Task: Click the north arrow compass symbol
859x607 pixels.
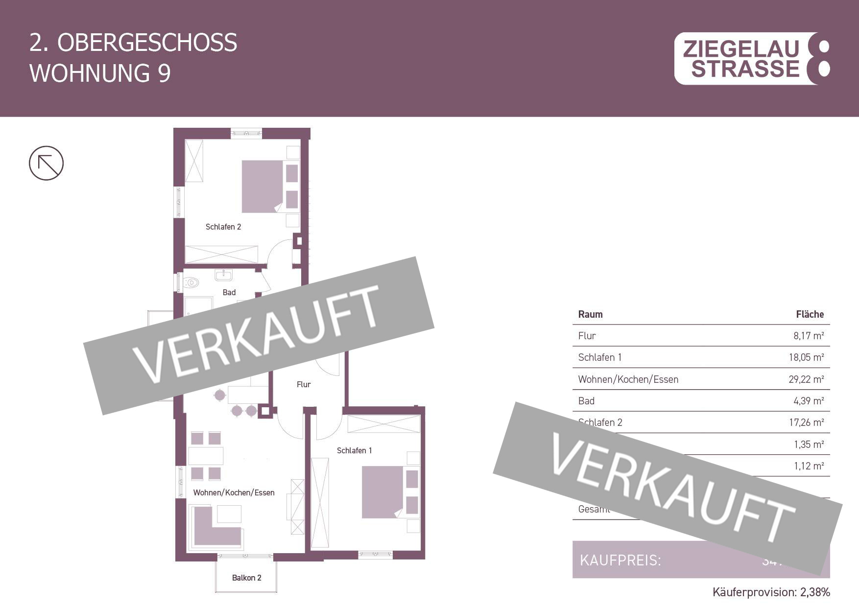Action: [46, 163]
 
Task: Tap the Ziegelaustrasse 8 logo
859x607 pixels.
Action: [752, 59]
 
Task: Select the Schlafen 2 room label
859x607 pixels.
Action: [223, 227]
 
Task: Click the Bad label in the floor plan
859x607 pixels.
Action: [229, 292]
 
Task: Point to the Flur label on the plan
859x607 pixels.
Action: [303, 384]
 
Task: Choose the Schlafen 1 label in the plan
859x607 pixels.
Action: [354, 450]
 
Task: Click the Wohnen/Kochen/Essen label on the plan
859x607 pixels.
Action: [234, 492]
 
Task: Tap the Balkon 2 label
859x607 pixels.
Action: [246, 578]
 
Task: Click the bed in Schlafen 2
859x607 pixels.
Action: [262, 187]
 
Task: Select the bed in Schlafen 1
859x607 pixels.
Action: [382, 492]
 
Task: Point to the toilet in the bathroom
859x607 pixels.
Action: [191, 282]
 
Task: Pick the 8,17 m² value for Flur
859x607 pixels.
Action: [808, 336]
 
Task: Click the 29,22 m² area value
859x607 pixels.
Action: [806, 379]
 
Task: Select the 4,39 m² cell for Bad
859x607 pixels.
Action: [808, 401]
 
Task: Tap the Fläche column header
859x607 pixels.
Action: [810, 314]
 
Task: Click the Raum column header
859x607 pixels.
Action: [590, 314]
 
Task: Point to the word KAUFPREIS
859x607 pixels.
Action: [620, 560]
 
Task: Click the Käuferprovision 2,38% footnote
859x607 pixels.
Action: [771, 592]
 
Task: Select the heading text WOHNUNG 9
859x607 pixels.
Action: [100, 73]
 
